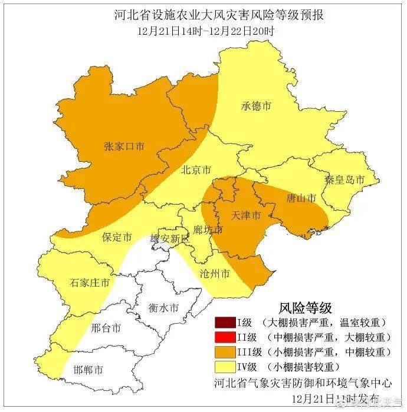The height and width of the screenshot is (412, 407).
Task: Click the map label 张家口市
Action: pyautogui.click(x=124, y=147)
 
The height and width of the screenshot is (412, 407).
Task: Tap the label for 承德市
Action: pyautogui.click(x=256, y=106)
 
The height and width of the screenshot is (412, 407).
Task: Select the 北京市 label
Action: pyautogui.click(x=196, y=170)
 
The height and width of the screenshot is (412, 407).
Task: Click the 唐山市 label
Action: pyautogui.click(x=301, y=198)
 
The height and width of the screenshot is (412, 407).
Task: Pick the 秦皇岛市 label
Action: pyautogui.click(x=344, y=179)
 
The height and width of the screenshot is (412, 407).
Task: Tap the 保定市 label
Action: pyautogui.click(x=116, y=237)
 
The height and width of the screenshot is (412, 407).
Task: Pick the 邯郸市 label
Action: pyautogui.click(x=88, y=370)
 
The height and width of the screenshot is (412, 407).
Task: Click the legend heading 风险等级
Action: pyautogui.click(x=305, y=307)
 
